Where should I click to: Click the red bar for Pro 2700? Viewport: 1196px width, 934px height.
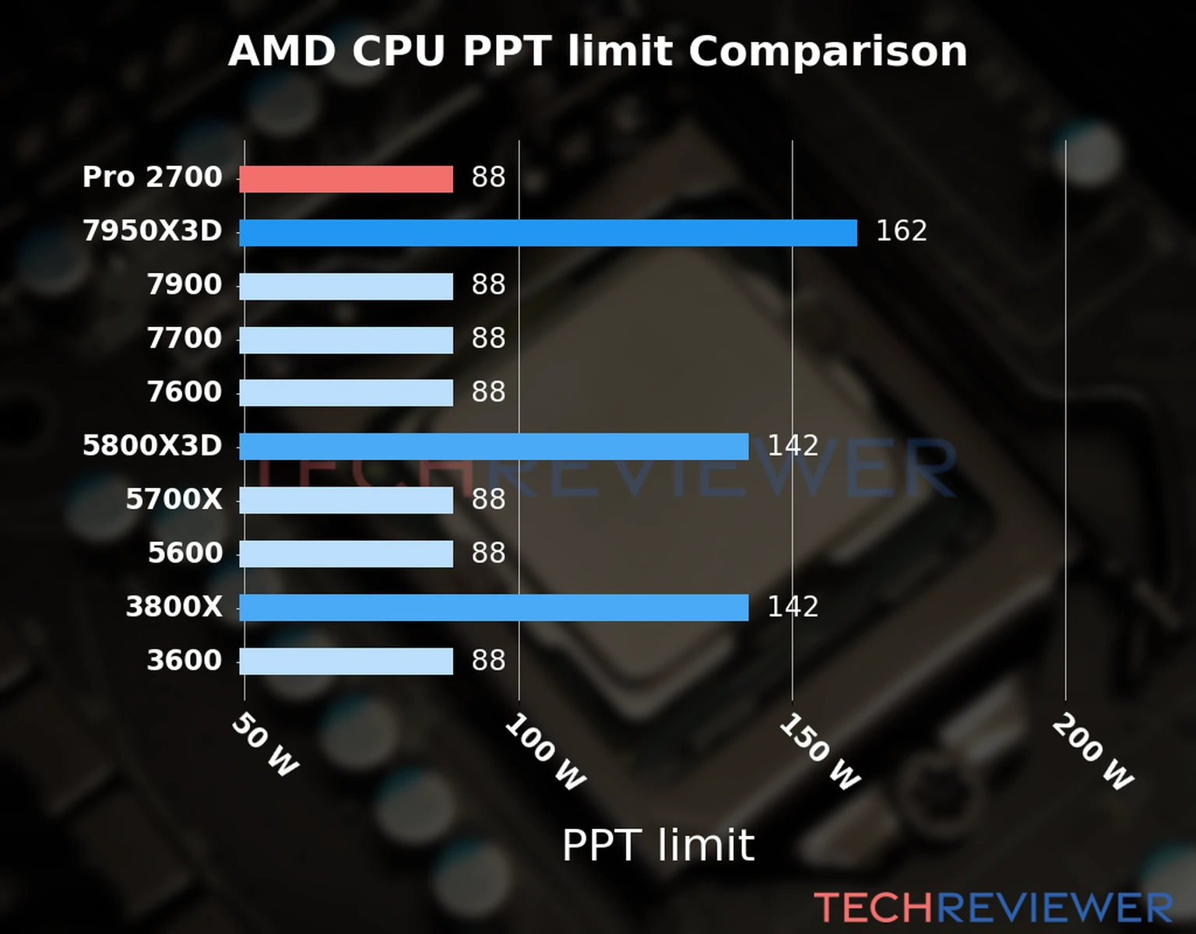346,179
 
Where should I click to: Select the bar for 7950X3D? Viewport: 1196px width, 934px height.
547,233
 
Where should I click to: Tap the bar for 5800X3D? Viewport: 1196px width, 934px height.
494,447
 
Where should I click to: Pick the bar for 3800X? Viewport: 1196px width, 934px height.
494,608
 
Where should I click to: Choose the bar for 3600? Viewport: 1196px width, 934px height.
346,662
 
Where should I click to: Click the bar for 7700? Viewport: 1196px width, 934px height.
346,340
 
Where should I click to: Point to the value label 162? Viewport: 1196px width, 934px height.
901,231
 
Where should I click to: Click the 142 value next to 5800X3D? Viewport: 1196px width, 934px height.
793,446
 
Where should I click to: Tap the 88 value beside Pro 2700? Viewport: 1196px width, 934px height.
488,177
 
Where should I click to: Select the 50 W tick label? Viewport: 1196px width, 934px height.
265,745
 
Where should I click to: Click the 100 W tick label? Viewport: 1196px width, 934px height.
544,753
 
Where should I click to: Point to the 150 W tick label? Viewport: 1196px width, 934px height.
819,753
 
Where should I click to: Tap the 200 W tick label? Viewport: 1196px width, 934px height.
1092,753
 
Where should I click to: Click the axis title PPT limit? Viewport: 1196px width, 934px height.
658,845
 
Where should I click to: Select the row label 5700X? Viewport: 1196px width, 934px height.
174,500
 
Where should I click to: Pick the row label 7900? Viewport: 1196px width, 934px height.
185,285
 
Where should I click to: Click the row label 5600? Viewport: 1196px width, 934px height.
185,553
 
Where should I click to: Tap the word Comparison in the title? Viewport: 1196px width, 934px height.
827,52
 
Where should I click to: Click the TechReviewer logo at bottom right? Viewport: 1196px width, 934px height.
993,908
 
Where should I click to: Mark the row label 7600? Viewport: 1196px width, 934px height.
185,392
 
